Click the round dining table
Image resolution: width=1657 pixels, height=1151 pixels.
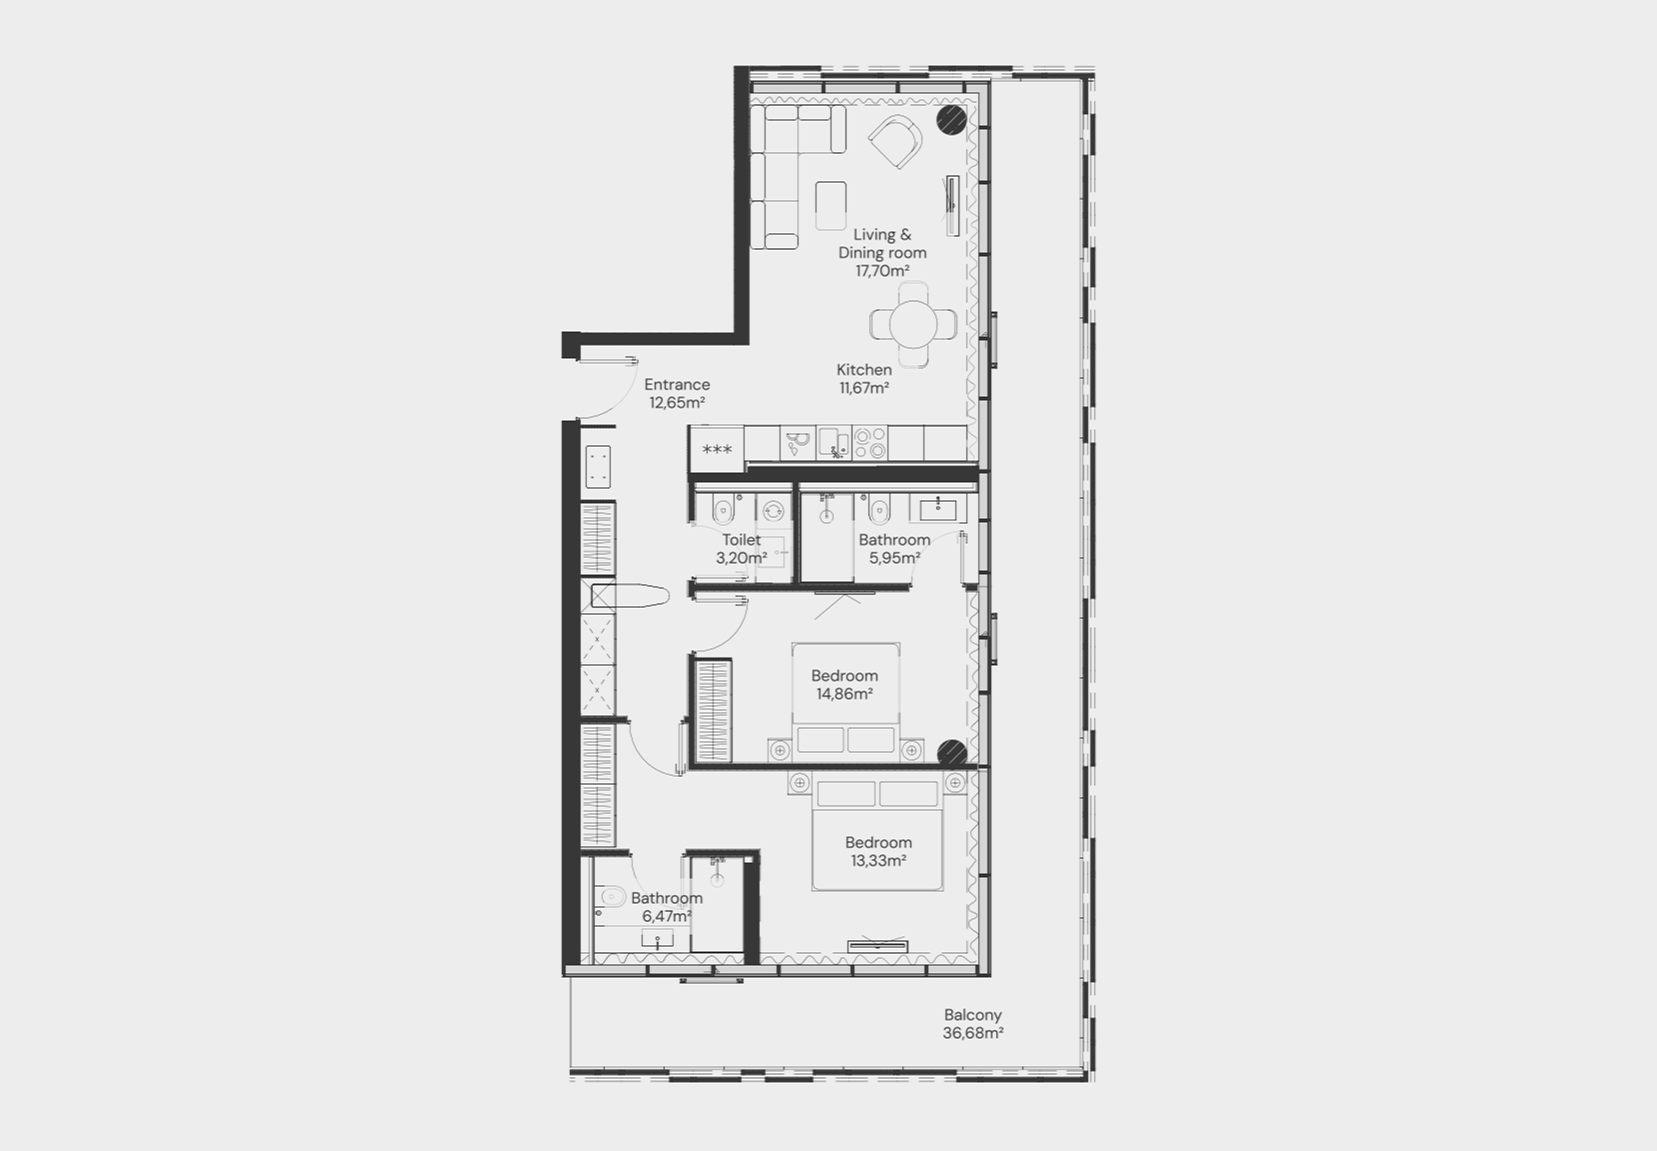tap(913, 324)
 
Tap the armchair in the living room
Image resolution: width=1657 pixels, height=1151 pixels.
tap(895, 141)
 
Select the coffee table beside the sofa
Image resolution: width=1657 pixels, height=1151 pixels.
tap(830, 206)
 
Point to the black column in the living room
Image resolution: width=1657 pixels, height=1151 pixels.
tap(951, 120)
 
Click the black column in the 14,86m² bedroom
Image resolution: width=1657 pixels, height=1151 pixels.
tap(952, 753)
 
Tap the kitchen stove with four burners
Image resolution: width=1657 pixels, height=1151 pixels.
tap(869, 443)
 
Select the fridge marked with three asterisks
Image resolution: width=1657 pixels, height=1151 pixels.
tap(717, 449)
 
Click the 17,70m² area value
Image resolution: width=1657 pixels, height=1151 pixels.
tap(881, 271)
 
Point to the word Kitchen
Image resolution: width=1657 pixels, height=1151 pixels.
tap(864, 369)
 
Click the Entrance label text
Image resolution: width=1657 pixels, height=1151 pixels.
tap(677, 384)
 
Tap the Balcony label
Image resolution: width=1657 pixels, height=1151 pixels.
tap(972, 1016)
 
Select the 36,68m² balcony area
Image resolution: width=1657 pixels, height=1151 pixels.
tap(972, 1033)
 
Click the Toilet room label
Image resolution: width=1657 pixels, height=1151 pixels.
tap(742, 540)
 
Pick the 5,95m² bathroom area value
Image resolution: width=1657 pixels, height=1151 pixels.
tap(894, 558)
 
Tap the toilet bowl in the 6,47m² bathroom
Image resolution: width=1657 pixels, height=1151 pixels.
tap(610, 898)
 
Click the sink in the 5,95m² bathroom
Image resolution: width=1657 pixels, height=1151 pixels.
tap(938, 510)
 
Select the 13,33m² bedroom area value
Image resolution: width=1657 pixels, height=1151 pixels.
tap(878, 861)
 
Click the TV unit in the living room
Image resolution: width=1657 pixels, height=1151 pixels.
tap(952, 206)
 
